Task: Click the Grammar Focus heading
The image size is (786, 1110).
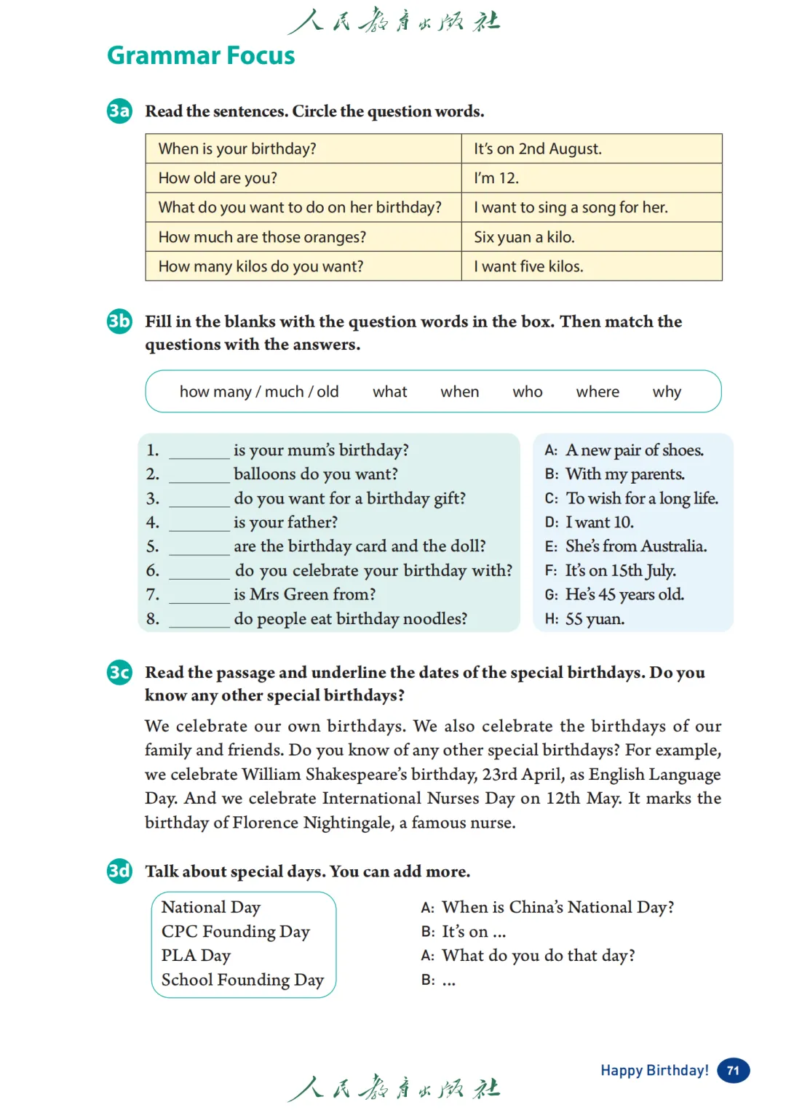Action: point(201,56)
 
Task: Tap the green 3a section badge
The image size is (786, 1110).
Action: point(119,111)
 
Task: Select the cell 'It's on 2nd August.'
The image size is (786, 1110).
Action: point(537,149)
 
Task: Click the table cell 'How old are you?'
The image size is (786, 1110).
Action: point(218,178)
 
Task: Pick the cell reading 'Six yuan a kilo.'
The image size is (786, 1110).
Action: point(524,237)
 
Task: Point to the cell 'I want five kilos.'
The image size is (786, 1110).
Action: point(528,266)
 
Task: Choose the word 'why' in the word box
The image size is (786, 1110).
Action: point(667,392)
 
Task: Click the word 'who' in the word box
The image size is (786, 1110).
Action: point(528,392)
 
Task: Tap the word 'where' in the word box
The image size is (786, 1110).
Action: point(598,392)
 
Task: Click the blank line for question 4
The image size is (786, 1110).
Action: point(199,524)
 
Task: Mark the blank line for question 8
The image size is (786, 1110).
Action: point(199,620)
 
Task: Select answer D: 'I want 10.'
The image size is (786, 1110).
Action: point(599,522)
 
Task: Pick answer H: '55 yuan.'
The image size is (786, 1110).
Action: point(595,619)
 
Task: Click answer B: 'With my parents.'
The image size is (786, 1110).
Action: point(624,474)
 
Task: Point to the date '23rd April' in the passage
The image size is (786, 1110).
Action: point(522,774)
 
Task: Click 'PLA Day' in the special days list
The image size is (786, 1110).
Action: point(196,956)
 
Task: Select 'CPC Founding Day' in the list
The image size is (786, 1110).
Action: point(235,932)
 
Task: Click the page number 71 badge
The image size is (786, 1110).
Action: point(733,1071)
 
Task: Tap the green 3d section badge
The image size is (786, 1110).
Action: point(119,871)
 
